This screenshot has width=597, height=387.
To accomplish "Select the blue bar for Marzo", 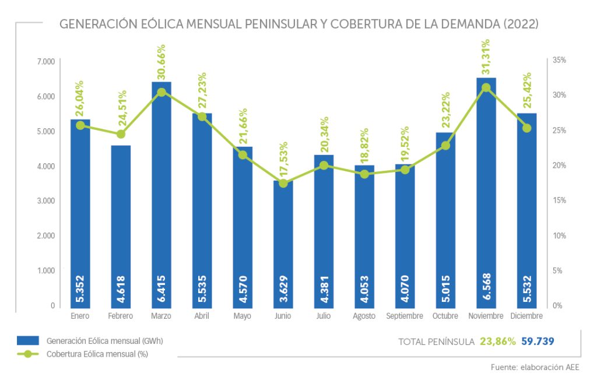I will click(x=161, y=192).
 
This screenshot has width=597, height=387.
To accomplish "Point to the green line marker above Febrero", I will click(x=121, y=134).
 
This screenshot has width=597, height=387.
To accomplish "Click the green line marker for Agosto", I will click(x=364, y=174).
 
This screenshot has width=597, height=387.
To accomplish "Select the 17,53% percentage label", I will click(x=283, y=160).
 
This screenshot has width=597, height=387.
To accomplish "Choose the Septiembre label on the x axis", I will click(x=405, y=316).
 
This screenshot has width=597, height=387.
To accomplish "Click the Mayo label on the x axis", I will click(x=243, y=316).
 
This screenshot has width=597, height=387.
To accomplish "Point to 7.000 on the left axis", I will click(x=45, y=61).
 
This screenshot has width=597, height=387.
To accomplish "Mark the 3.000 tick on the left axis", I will click(x=45, y=200).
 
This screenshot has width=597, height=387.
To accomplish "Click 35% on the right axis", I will click(x=560, y=60).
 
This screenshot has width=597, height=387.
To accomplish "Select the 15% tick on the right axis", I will click(x=560, y=200).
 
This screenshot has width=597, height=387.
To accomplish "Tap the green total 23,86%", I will click(x=498, y=342).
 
